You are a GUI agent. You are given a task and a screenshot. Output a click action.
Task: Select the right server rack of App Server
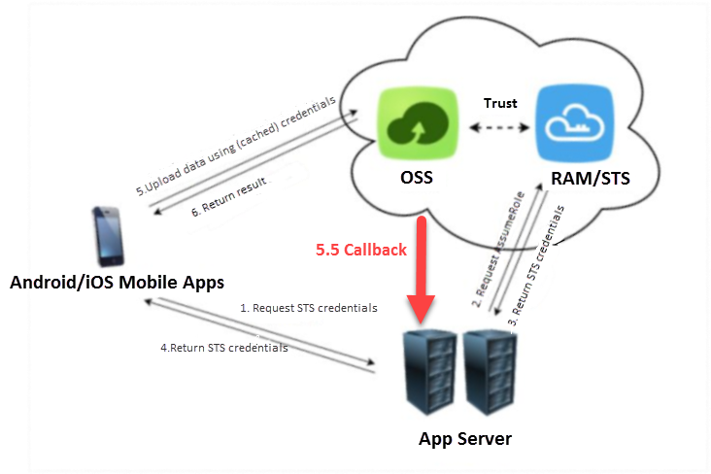click(488, 371)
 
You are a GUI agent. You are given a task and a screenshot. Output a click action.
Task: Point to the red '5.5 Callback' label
click(360, 250)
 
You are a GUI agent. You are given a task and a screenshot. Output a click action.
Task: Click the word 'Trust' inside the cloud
click(501, 103)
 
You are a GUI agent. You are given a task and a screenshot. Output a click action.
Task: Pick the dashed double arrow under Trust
click(499, 128)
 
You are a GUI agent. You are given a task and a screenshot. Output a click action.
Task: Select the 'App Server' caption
click(464, 438)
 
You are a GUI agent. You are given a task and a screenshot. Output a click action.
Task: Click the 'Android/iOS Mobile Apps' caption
click(117, 283)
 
